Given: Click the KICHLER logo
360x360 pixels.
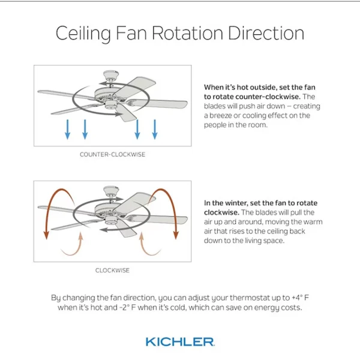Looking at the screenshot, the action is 180,341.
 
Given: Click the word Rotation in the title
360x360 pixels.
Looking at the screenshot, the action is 187,33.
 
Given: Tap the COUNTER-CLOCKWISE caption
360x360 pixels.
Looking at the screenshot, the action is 113,154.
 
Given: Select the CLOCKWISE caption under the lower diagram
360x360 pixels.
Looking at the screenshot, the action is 113,270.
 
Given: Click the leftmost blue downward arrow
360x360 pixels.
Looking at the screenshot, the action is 67,129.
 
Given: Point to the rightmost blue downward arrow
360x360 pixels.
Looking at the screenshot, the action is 155,129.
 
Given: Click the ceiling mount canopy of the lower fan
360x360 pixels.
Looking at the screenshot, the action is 111,190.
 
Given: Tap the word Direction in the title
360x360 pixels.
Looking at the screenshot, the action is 266,33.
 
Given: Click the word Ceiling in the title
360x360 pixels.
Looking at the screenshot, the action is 83,34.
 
